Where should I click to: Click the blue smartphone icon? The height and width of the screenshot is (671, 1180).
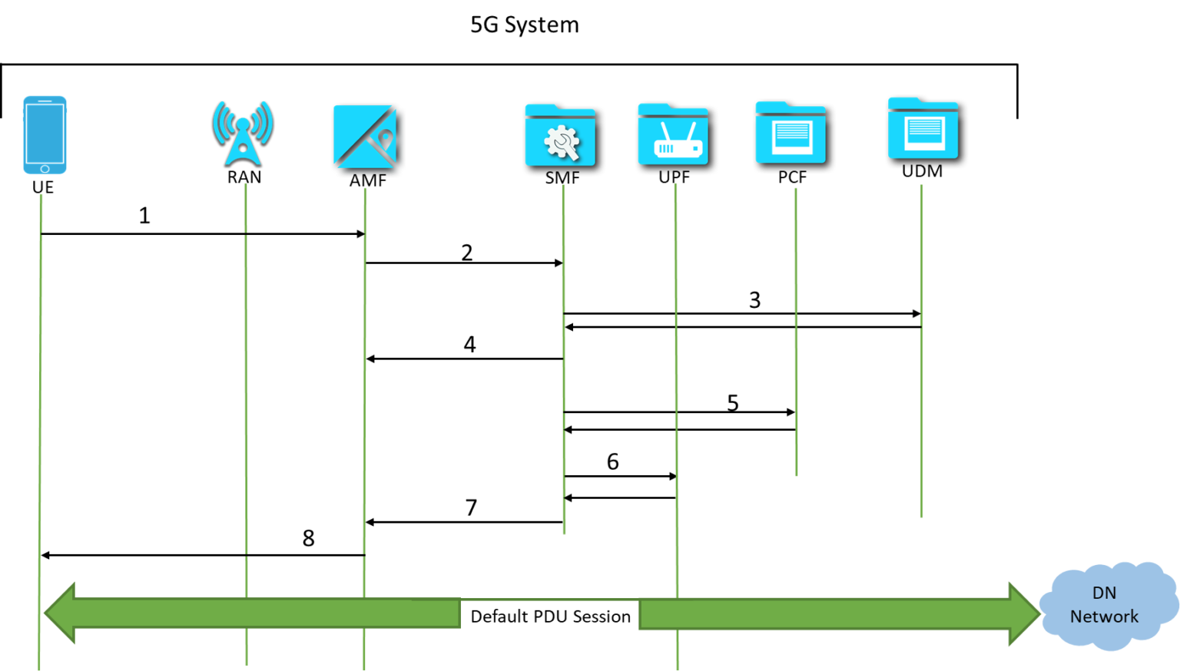pos(45,134)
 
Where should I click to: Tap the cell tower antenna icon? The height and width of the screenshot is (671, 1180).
pos(243,138)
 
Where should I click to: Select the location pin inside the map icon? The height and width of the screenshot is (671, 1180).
pos(386,139)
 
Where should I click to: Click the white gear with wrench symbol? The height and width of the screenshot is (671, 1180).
pos(562,143)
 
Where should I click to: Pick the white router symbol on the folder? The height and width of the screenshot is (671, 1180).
pos(676,141)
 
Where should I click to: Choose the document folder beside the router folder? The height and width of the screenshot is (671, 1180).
pos(791,133)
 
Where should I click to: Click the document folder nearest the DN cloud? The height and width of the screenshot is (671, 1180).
pos(924,130)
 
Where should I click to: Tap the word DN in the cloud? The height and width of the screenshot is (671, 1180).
pos(1104,593)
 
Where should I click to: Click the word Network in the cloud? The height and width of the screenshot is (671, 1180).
pos(1104,616)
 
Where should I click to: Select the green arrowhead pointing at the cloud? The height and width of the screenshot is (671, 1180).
pos(1023,613)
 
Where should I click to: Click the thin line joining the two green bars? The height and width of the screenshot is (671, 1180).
pos(549,599)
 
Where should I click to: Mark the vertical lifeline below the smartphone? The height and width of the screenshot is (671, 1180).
pos(40,384)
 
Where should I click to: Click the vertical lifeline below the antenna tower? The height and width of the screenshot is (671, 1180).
pos(246,384)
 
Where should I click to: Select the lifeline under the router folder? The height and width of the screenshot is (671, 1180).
pos(676,384)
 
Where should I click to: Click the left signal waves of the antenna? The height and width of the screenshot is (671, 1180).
pos(220,123)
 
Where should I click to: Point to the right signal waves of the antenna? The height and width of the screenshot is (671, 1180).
pos(265,123)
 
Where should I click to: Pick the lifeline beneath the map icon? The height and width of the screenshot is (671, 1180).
pos(364,384)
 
